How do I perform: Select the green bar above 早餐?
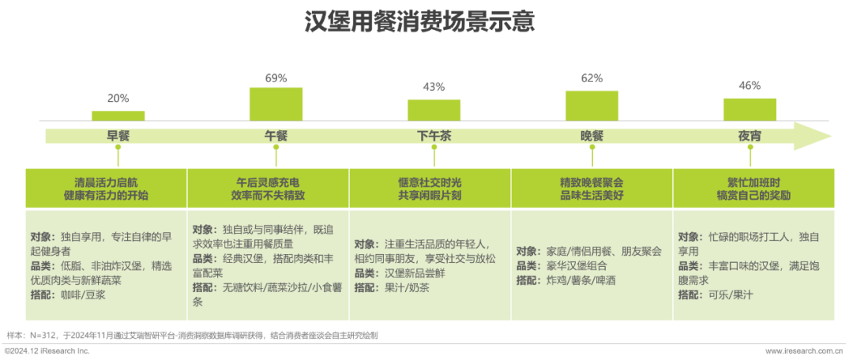pos(118,115)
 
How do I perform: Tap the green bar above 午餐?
pos(276,103)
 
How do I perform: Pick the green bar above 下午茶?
pos(434,109)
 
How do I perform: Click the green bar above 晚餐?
pos(592,105)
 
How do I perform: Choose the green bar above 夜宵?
pos(750,109)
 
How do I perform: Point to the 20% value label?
pos(118,99)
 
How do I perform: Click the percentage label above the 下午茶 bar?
pos(434,87)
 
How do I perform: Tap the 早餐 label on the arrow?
pos(118,136)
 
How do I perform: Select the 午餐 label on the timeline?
pos(276,136)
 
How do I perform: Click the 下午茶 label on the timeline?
pos(434,136)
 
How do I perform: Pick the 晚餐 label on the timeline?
pos(592,136)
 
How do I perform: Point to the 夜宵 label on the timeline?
pos(750,136)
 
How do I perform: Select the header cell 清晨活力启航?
pos(106,188)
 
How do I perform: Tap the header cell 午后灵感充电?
pos(268,188)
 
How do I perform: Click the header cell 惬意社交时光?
pos(430,188)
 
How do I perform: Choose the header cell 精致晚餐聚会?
pos(592,188)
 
